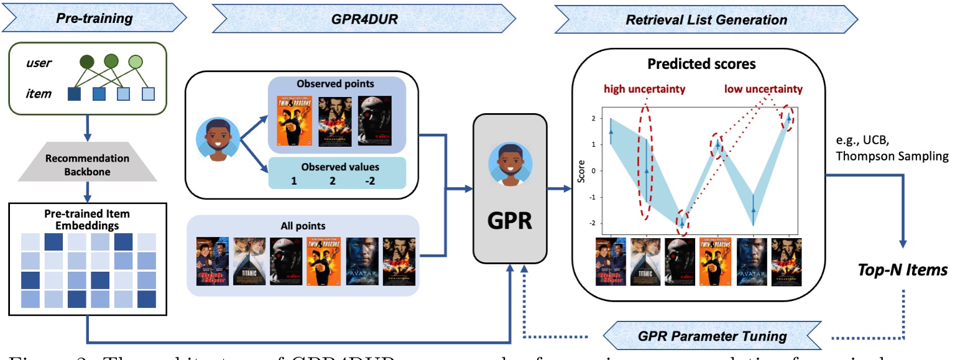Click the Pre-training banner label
(95, 18)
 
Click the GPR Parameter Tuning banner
(711, 336)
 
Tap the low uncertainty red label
(763, 90)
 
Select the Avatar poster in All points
(361, 261)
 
